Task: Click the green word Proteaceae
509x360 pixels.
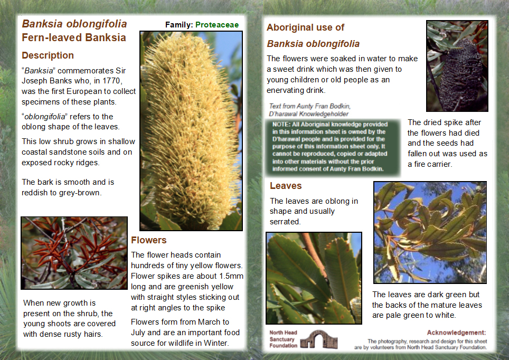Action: (217, 25)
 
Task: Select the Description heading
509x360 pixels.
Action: (48, 55)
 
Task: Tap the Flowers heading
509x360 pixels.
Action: (148, 240)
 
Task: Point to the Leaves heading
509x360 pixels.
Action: (286, 186)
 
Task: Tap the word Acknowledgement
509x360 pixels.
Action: (456, 333)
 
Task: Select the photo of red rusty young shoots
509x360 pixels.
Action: (74, 252)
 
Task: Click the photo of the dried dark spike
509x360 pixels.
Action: (457, 66)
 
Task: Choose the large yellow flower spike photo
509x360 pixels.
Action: (191, 130)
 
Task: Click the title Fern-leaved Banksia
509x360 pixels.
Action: (74, 37)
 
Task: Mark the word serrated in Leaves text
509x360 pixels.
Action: (285, 222)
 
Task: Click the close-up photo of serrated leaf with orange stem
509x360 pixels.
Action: (314, 278)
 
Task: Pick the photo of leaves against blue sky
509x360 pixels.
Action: (430, 232)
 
